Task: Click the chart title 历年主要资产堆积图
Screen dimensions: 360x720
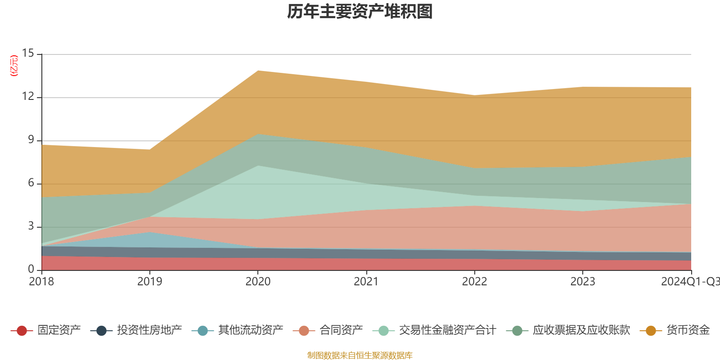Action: tap(360, 12)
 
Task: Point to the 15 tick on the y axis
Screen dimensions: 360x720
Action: tap(28, 54)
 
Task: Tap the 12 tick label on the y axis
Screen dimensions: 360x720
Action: tap(28, 97)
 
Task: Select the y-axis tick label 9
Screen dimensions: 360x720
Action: tap(31, 140)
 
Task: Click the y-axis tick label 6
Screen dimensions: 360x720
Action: tap(31, 183)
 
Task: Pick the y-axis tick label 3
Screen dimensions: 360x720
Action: tap(31, 226)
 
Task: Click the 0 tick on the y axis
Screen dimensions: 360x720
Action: tap(31, 270)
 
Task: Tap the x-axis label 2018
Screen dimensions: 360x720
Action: tap(41, 282)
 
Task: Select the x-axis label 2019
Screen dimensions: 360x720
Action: tap(149, 282)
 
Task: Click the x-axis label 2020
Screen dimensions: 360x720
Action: tap(258, 282)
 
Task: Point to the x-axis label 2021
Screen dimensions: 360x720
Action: tap(366, 282)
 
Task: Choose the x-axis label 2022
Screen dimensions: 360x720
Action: tap(474, 282)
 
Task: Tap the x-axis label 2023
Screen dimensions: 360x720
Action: tap(583, 282)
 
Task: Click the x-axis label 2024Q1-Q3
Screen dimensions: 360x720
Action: tap(689, 282)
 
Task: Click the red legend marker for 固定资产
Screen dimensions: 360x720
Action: tap(22, 331)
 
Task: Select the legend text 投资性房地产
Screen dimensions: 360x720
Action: tap(149, 330)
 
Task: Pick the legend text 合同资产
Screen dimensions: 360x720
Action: tap(341, 330)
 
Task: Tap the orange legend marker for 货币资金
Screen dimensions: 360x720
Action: tap(651, 331)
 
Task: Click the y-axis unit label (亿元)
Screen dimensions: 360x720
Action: tap(14, 66)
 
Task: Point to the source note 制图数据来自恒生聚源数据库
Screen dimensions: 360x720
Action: tap(360, 355)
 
